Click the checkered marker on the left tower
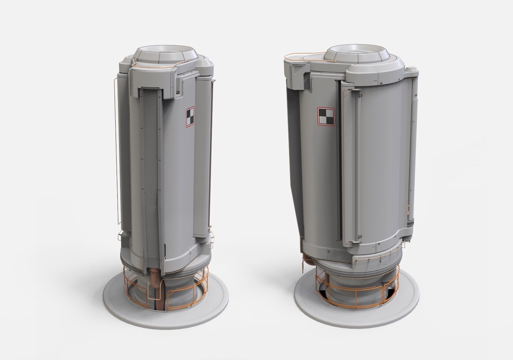click(190, 117)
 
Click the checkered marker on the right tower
click(326, 117)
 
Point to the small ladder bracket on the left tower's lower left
click(120, 237)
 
